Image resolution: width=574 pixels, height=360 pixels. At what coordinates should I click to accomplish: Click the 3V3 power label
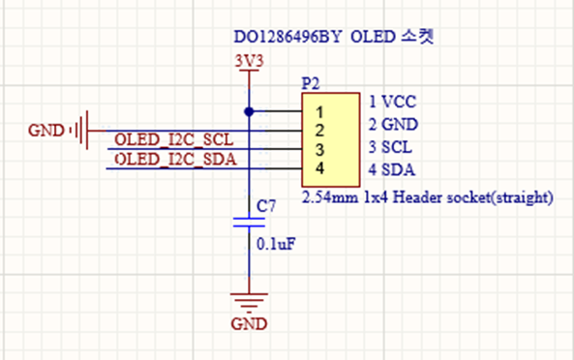249,61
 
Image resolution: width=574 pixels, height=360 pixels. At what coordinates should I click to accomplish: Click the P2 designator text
311,84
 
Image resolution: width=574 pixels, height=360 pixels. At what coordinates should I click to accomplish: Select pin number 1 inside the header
319,112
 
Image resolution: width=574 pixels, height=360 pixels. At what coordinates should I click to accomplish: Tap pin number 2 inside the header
319,131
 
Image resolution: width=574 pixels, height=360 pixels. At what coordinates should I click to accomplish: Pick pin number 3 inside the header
319,150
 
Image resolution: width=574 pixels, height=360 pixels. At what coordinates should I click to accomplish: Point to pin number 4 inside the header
319,168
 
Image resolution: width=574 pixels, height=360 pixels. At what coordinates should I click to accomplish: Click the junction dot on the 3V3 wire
249,111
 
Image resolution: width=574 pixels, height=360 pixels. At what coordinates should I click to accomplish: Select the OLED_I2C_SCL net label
174,139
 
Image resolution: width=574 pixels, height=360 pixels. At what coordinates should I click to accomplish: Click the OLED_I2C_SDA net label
175,159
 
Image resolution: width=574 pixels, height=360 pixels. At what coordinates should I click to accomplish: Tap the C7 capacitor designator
266,206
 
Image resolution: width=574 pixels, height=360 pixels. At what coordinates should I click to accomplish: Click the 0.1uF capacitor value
276,244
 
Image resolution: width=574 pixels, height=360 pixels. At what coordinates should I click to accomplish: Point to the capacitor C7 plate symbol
249,223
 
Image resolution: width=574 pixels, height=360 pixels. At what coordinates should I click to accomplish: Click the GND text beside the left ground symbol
46,131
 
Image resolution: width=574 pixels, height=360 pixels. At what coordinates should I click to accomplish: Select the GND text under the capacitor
249,324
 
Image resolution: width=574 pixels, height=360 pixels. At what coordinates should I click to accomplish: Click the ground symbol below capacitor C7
249,303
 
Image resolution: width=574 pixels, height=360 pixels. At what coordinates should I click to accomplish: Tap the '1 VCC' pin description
392,102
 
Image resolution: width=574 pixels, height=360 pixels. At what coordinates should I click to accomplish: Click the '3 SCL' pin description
390,147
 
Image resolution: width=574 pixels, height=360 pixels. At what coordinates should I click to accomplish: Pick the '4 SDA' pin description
392,169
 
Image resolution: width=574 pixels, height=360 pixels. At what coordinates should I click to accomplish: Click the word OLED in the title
373,37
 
